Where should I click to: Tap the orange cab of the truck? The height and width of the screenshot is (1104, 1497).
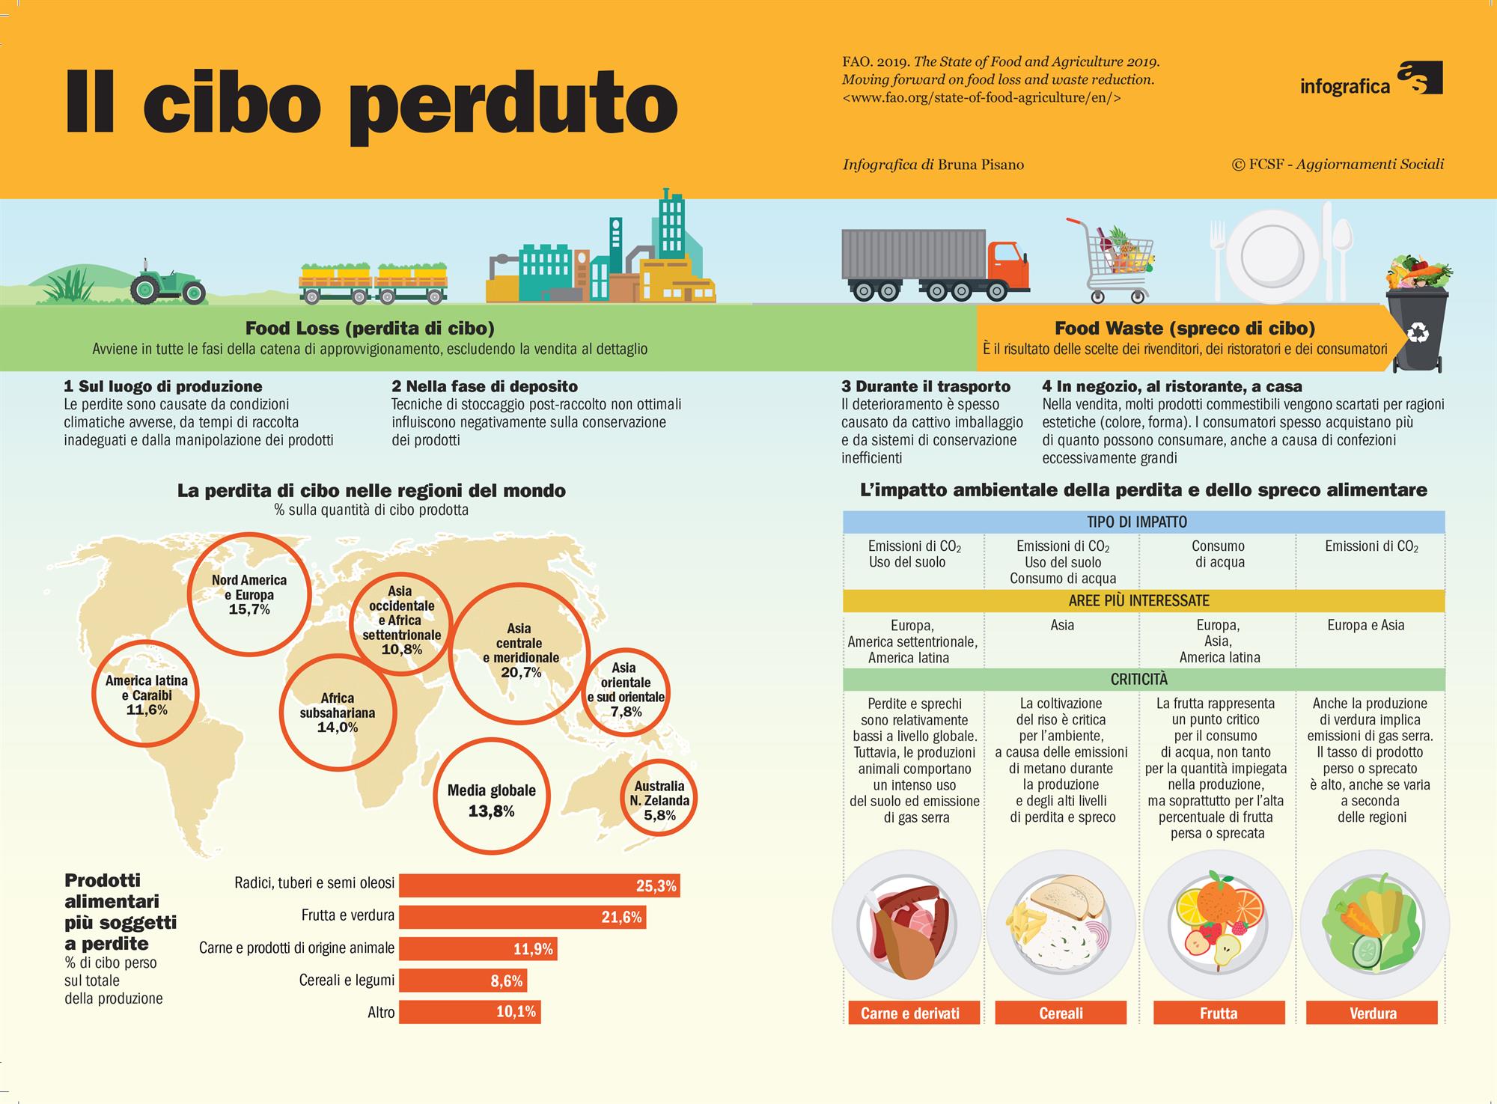pos(1007,265)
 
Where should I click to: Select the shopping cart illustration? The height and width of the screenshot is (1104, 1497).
pos(1112,260)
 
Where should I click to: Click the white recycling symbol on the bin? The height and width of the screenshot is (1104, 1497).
pos(1418,332)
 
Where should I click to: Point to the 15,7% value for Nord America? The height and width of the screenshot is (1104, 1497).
pos(249,610)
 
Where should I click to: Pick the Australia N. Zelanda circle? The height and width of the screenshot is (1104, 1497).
pos(659,799)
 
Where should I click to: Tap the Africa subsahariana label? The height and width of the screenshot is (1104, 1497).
pos(338,705)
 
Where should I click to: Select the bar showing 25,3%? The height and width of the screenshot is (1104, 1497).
pos(539,885)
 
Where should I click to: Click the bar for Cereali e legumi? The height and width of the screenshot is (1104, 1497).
pos(463,981)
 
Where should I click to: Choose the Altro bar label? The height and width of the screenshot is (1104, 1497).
pos(381,1013)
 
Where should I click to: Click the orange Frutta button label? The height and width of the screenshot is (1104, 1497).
pos(1219,1013)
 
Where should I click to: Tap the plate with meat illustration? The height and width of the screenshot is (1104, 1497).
pos(906,929)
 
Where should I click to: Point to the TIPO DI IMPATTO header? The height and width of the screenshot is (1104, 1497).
pos(1137,522)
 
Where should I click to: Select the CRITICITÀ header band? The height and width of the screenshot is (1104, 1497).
pos(1144,679)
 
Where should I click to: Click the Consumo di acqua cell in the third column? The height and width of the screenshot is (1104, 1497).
pos(1219,554)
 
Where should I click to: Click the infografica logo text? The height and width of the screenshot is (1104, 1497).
pos(1344,86)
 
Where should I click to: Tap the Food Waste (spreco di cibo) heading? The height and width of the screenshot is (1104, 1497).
pos(1185,328)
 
